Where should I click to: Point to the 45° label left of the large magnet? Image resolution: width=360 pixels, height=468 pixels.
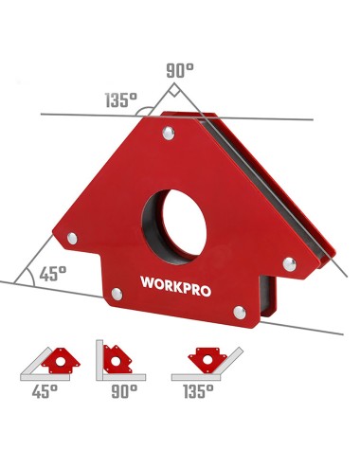pyautogui.click(x=52, y=273)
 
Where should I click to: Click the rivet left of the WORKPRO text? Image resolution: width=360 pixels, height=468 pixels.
pyautogui.click(x=117, y=295)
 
